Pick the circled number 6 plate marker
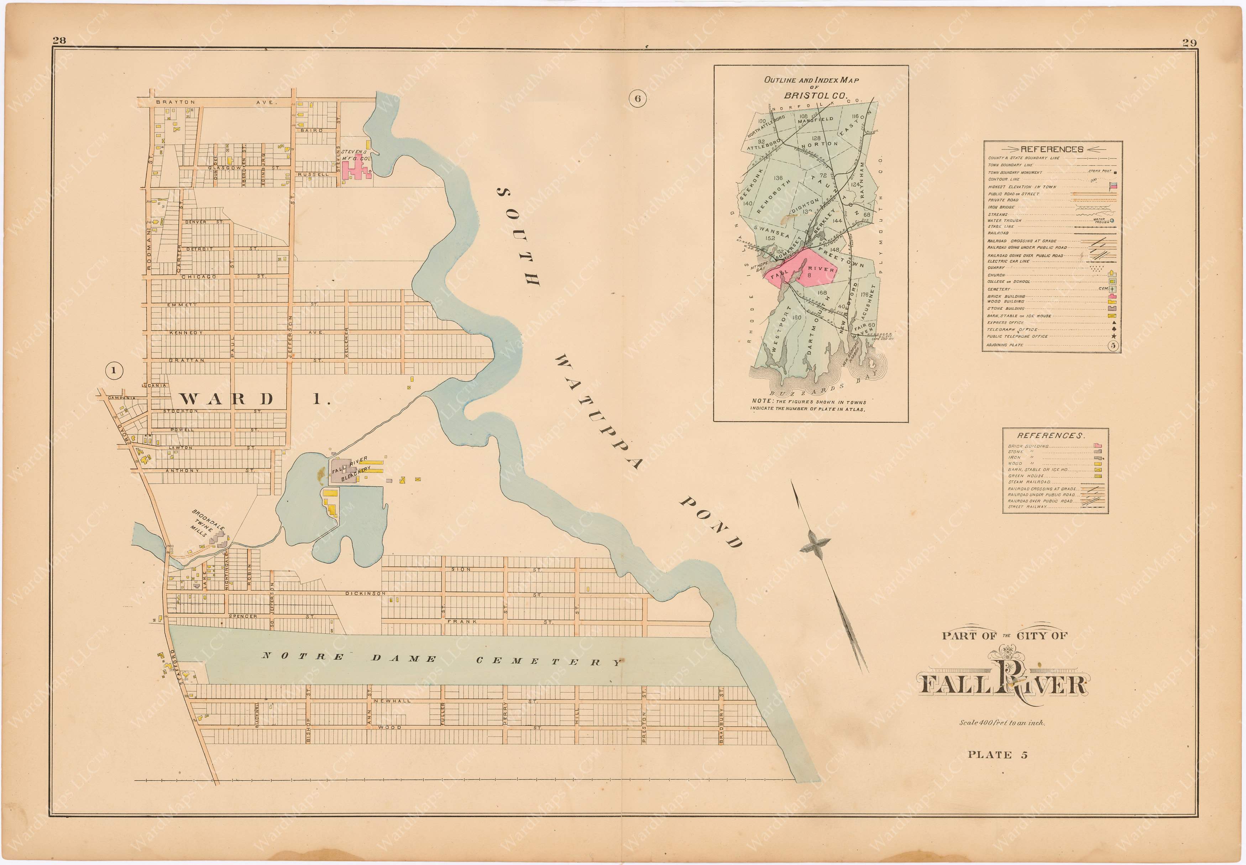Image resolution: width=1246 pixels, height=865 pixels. point(637,98)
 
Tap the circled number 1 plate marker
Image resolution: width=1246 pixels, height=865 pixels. point(114,371)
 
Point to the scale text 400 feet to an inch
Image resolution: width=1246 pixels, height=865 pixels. point(1001,723)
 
